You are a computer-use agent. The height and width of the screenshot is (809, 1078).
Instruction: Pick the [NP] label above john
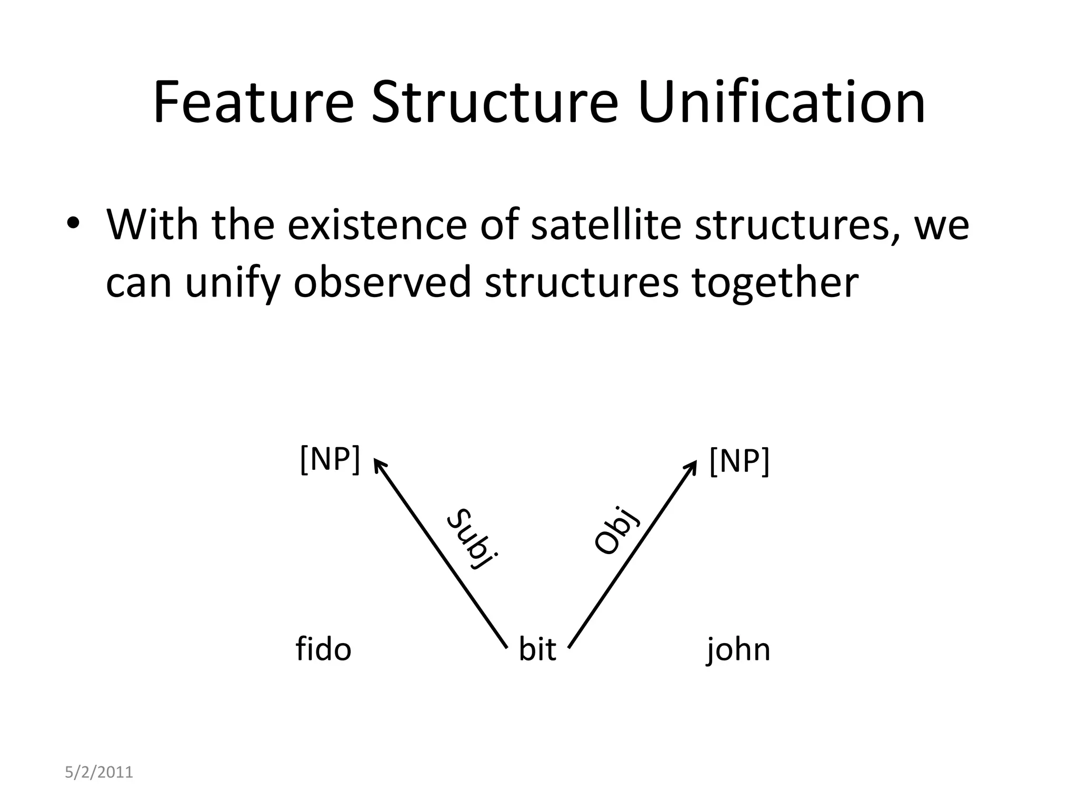point(739,461)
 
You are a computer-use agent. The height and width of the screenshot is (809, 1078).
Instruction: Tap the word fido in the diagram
point(323,649)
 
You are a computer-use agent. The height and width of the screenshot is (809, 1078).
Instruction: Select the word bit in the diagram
point(537,649)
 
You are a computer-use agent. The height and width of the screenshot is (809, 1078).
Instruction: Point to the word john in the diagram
point(738,650)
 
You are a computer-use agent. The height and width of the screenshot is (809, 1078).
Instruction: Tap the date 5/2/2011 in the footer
point(99,773)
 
